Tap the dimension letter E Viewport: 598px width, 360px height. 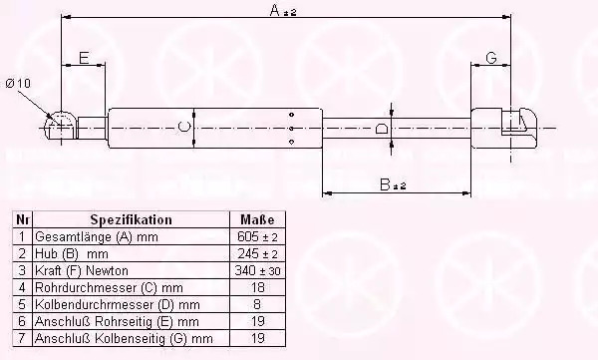[x=84, y=58]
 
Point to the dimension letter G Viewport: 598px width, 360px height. [x=491, y=58]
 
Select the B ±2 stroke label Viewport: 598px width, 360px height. [x=394, y=184]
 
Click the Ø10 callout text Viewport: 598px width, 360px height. [x=18, y=83]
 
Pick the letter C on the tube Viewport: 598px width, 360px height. [x=184, y=127]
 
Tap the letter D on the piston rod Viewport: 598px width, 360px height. [x=382, y=129]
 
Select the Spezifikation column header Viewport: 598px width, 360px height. [x=132, y=220]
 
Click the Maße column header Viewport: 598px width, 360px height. [x=257, y=220]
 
